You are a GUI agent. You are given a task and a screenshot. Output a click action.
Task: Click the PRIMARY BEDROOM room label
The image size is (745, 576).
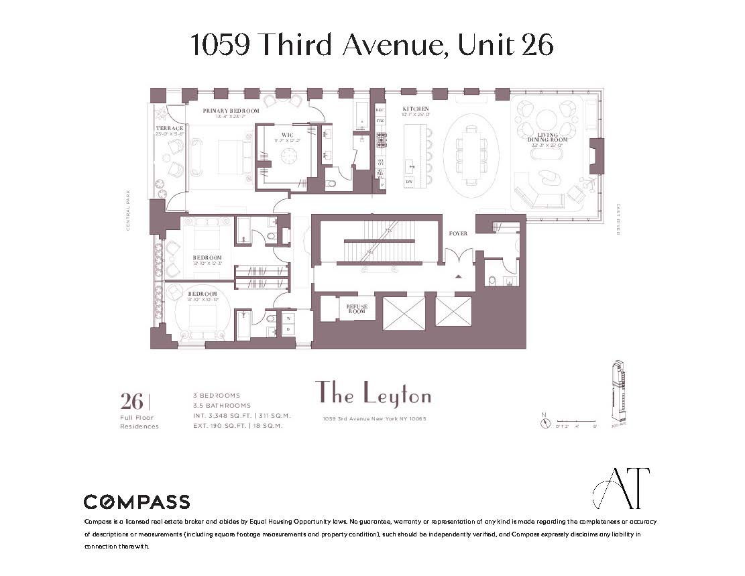(231, 111)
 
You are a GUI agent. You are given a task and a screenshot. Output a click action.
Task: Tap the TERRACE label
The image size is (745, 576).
(170, 128)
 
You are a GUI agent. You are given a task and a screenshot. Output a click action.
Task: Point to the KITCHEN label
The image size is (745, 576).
(415, 109)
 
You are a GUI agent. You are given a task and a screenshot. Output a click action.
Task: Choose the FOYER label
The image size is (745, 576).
(458, 233)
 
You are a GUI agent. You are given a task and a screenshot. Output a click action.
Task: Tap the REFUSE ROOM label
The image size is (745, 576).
(357, 309)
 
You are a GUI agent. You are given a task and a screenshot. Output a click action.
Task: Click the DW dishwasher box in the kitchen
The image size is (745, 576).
(408, 182)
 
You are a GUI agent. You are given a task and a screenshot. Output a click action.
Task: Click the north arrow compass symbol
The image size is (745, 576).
(545, 423)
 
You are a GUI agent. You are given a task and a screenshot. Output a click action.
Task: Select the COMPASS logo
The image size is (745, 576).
(136, 502)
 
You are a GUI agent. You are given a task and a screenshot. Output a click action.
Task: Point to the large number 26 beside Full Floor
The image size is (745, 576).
(132, 402)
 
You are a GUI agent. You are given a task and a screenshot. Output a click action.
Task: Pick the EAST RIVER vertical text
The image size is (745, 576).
(618, 219)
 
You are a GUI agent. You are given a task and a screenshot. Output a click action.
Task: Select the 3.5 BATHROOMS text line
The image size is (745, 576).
(222, 406)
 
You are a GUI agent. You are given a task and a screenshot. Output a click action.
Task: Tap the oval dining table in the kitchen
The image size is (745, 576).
(468, 155)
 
